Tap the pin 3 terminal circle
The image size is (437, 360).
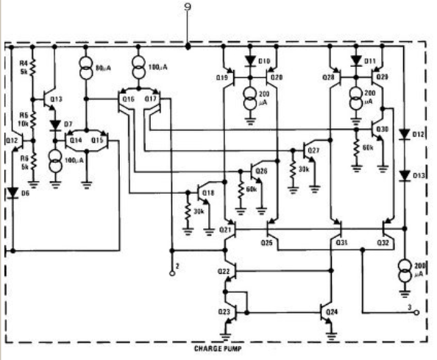coord(417,312)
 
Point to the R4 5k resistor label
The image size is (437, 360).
coord(23,68)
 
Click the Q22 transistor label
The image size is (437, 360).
coord(224,272)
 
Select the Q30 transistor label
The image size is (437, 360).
coord(382,130)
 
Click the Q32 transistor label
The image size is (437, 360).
coord(383,241)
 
